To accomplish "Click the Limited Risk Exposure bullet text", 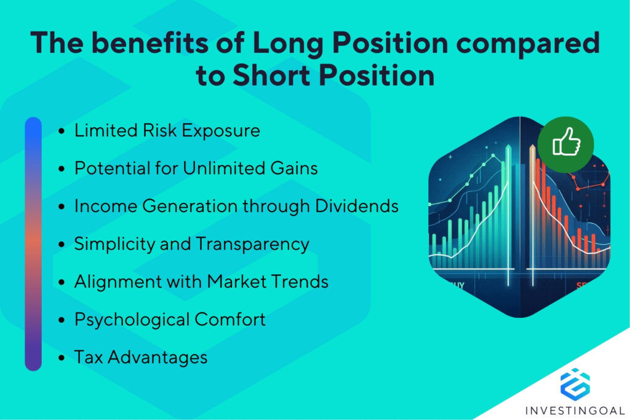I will (167, 130).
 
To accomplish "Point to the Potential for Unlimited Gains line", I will (196, 168).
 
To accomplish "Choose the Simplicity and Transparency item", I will (191, 244).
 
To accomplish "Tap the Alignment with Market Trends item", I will (201, 282).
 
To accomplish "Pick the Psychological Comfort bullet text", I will (170, 319).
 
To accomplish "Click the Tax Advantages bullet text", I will (141, 357).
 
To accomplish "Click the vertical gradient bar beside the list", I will (33, 244).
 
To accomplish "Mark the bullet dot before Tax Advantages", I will (62, 357).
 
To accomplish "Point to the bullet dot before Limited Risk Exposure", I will (62, 131).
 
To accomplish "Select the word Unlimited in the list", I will (217, 168).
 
